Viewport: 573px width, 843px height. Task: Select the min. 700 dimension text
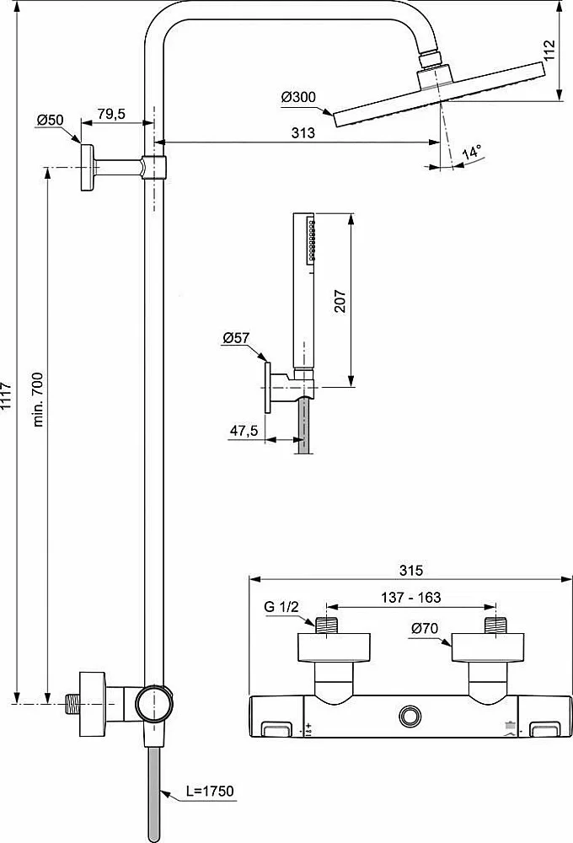(38, 400)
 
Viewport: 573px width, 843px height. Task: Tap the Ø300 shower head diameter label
(298, 97)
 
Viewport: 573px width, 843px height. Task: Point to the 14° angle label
(471, 152)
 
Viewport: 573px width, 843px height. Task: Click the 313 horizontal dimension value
(303, 133)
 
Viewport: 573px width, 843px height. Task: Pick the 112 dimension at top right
(549, 51)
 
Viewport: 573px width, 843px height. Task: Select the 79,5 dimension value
(111, 114)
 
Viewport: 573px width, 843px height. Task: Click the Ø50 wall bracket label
(50, 120)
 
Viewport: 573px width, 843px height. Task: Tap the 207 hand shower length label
(340, 301)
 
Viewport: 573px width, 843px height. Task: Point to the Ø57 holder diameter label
(236, 338)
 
